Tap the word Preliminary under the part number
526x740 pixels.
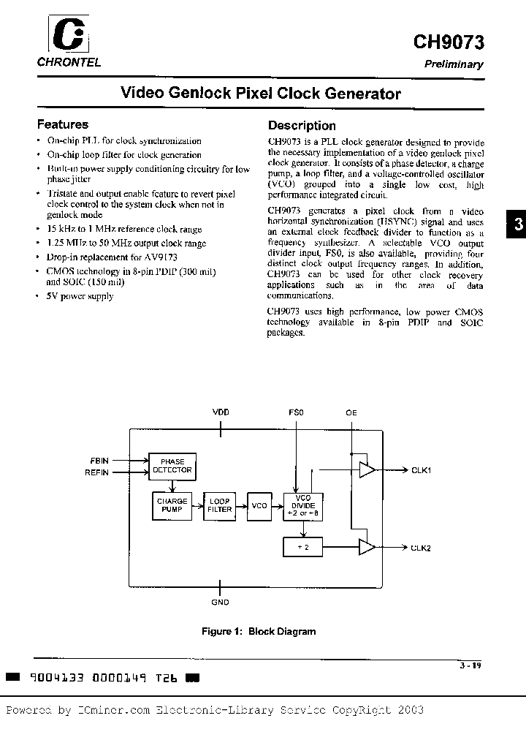click(x=454, y=64)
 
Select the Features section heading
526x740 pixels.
click(x=63, y=124)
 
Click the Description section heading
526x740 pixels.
click(x=302, y=125)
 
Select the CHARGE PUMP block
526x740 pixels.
click(x=172, y=505)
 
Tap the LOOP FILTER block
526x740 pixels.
click(x=219, y=505)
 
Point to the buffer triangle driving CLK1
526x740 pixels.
click(x=367, y=469)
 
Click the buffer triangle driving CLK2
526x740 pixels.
click(x=367, y=546)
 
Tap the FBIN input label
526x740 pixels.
click(x=99, y=461)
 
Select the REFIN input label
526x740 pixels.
click(x=97, y=472)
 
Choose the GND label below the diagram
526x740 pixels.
click(x=220, y=603)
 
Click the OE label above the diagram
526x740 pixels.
click(x=351, y=413)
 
